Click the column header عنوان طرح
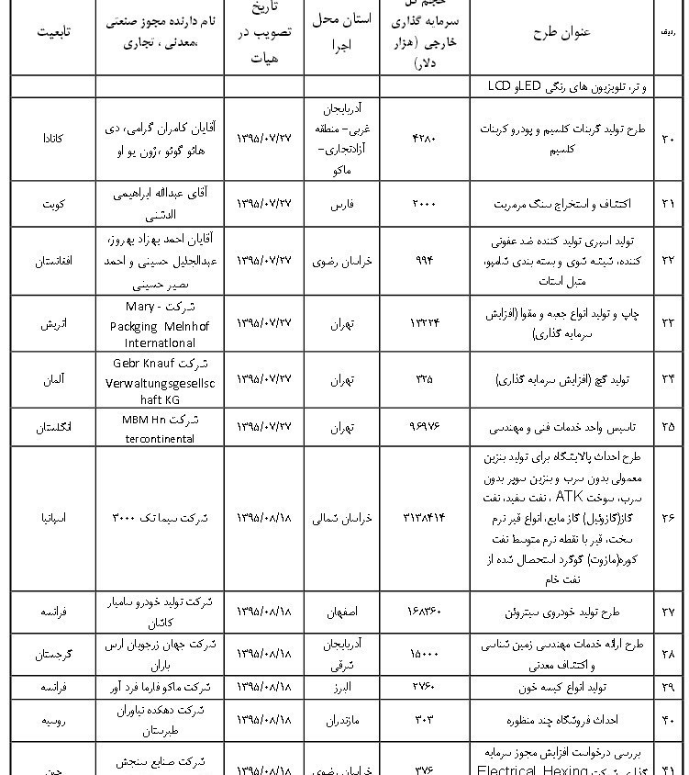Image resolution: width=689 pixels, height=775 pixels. pyautogui.click(x=561, y=31)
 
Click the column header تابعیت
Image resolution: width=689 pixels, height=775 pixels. pyautogui.click(x=54, y=31)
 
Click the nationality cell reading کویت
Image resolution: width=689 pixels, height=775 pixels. pyautogui.click(x=54, y=203)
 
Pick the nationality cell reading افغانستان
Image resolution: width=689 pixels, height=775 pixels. pyautogui.click(x=54, y=261)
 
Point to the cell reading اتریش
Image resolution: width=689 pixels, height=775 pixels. pyautogui.click(x=54, y=323)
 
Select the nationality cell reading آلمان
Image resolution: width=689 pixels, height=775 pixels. pyautogui.click(x=54, y=377)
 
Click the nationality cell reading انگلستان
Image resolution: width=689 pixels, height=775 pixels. pyautogui.click(x=54, y=428)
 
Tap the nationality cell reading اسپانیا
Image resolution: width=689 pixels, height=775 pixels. pyautogui.click(x=54, y=519)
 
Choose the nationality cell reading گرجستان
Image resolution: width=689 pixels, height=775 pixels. pyautogui.click(x=54, y=654)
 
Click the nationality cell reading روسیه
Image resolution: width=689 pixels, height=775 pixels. pyautogui.click(x=54, y=721)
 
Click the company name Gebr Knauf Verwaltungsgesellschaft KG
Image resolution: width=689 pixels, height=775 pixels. pyautogui.click(x=160, y=377)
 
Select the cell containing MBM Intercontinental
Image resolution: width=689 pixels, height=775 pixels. pyautogui.click(x=160, y=428)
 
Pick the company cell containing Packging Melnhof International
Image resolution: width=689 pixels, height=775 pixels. pyautogui.click(x=160, y=323)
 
